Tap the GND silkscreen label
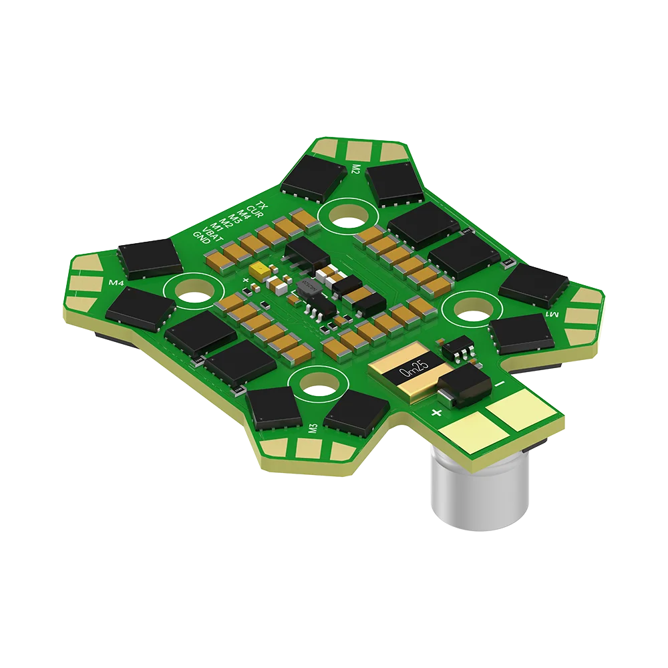(x=200, y=237)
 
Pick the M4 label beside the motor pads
(x=117, y=283)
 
